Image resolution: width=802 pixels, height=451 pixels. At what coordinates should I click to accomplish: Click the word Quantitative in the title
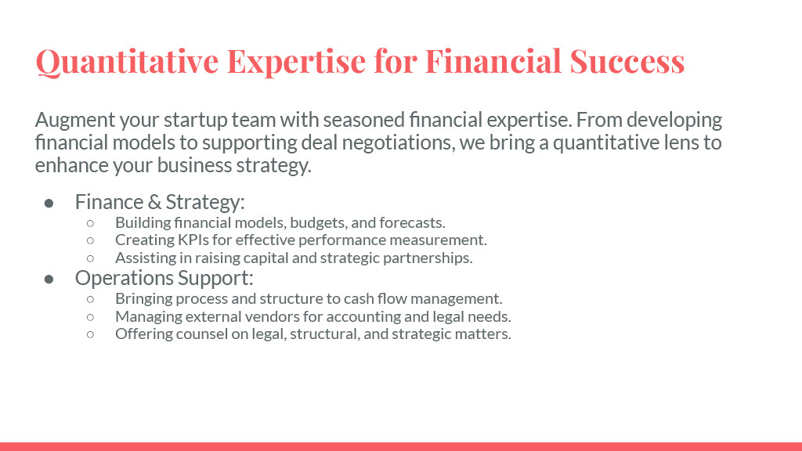pos(128,62)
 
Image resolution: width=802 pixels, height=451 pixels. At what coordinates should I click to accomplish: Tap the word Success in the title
pos(627,61)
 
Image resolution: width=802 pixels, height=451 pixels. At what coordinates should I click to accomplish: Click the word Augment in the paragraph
pos(75,121)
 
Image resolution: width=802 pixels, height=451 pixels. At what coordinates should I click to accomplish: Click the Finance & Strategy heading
pos(160,202)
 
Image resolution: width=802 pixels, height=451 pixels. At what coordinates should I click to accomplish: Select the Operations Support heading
pos(164,278)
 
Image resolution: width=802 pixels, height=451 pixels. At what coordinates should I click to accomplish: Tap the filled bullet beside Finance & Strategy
pos(49,204)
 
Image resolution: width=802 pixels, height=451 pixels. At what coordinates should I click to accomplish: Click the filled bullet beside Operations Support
pos(49,280)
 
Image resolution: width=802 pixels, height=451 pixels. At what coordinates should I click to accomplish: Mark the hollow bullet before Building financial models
pos(91,223)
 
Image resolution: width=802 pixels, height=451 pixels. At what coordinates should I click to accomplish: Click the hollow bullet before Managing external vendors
pos(91,317)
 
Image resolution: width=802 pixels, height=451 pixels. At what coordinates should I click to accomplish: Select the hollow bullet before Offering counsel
pos(91,334)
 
